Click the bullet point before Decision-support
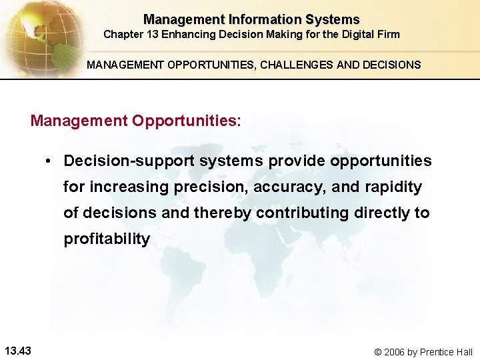click(x=49, y=161)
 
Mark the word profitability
click(x=107, y=239)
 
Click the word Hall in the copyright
click(x=463, y=352)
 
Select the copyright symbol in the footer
click(x=378, y=352)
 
